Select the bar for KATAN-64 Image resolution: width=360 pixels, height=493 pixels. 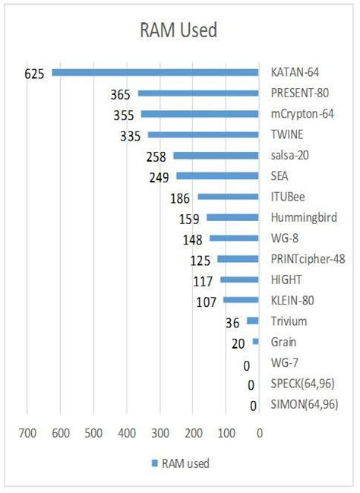[x=156, y=73]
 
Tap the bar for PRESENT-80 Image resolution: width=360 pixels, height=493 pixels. [x=198, y=93]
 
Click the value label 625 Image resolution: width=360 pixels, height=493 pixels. [x=35, y=74]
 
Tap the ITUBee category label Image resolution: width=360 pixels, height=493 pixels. [x=289, y=197]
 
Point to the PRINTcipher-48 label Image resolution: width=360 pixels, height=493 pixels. [x=308, y=259]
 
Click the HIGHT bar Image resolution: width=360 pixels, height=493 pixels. [x=240, y=280]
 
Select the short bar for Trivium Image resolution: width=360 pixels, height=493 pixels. [x=253, y=321]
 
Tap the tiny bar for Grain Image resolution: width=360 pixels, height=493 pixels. [x=256, y=342]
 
